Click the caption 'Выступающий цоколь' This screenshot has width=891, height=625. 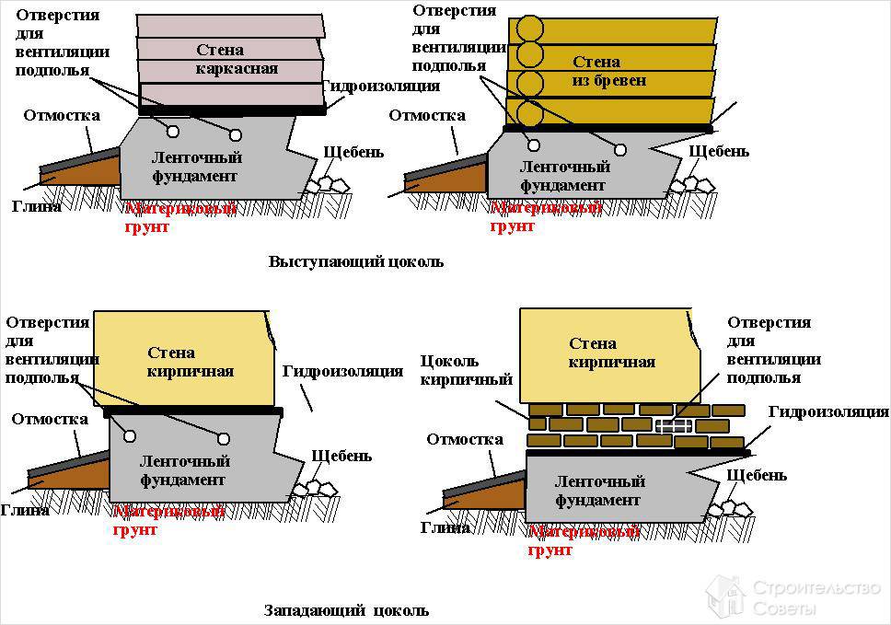click(x=355, y=261)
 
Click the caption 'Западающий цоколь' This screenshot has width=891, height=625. click(x=346, y=609)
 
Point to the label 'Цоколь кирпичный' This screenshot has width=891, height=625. click(x=466, y=369)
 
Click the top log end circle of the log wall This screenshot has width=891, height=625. click(x=529, y=28)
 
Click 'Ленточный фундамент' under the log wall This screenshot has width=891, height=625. click(x=565, y=176)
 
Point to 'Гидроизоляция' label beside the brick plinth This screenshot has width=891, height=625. click(x=827, y=412)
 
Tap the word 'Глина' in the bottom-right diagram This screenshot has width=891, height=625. click(x=445, y=527)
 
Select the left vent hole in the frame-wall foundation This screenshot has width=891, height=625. click(x=171, y=122)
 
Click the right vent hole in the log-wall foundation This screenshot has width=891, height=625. click(x=621, y=149)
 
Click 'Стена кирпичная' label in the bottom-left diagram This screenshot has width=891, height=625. click(x=191, y=362)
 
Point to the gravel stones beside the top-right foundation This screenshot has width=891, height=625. click(x=691, y=184)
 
